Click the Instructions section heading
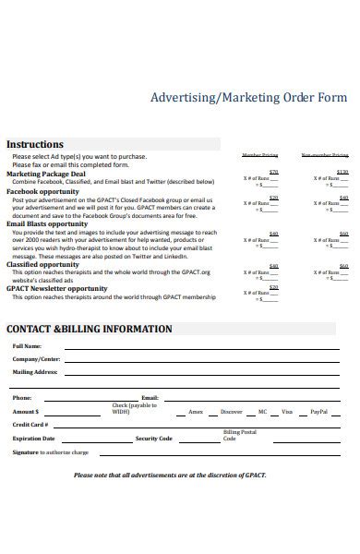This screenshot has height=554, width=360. [x=35, y=145]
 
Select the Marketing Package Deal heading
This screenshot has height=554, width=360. [x=46, y=173]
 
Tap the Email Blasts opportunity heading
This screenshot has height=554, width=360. [x=47, y=223]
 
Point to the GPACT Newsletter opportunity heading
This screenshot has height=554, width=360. [x=56, y=288]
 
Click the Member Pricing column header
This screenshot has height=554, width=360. [x=259, y=156]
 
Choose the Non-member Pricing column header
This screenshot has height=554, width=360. [x=325, y=156]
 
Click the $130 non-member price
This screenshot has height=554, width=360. [x=342, y=172]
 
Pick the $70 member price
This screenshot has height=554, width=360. [x=273, y=172]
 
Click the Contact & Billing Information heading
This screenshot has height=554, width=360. [x=90, y=329]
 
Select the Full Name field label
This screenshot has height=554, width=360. [x=27, y=346]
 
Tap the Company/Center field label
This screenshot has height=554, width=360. [x=37, y=359]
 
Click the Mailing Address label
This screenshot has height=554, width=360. [x=35, y=372]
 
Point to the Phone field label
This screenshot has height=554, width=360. [x=22, y=397]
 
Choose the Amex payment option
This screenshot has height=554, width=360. [x=196, y=411]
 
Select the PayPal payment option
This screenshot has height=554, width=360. [x=318, y=411]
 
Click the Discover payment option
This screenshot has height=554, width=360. [x=233, y=411]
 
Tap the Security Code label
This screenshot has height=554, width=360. [x=153, y=439]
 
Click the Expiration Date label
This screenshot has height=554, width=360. [x=33, y=439]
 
